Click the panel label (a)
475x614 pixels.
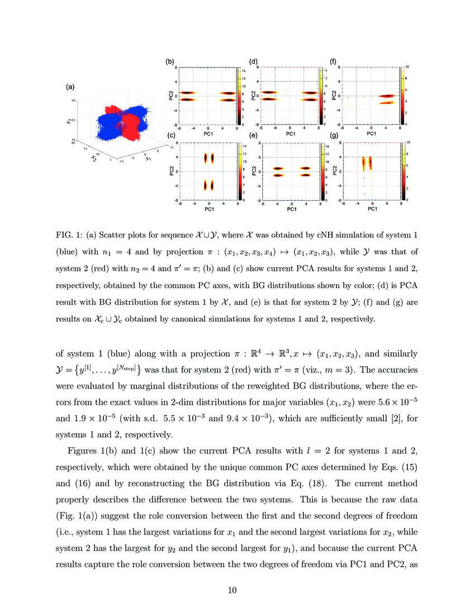[70, 87]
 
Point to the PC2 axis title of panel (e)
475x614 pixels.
[253, 171]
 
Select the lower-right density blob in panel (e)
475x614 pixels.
[305, 175]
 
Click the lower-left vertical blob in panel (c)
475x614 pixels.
[206, 184]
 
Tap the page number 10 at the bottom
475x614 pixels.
[237, 590]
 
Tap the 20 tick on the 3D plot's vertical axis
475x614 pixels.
[73, 100]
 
